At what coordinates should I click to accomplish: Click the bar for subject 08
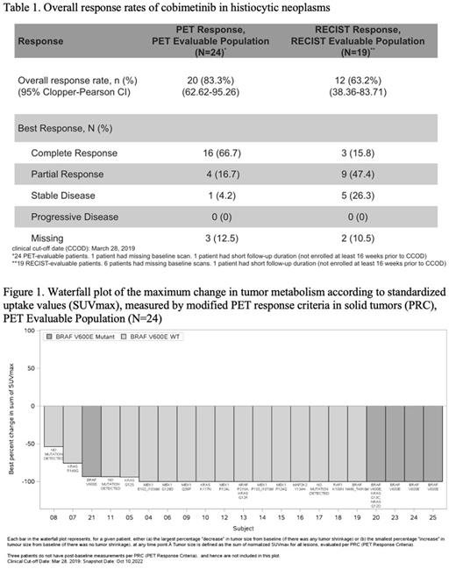coord(53,422)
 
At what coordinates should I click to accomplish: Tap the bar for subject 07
coord(72,429)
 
